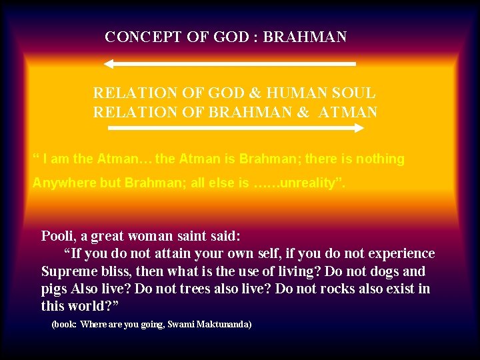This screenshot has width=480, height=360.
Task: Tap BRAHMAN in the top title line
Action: [305, 37]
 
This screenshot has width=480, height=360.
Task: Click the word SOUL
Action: [353, 93]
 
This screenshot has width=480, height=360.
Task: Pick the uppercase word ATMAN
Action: [348, 112]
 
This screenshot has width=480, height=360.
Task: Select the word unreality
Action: [306, 183]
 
